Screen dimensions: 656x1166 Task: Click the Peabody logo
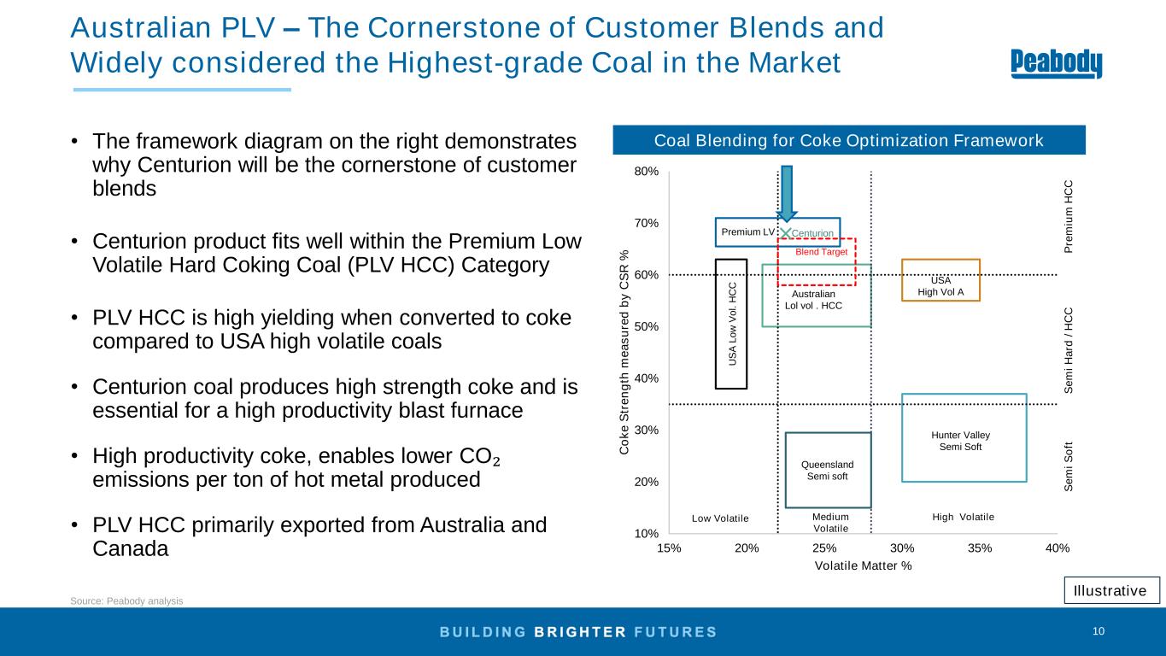[1057, 64]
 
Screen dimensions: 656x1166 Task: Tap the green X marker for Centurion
[787, 232]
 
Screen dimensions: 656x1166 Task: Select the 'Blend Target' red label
[821, 251]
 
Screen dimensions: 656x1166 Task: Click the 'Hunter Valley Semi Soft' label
[960, 441]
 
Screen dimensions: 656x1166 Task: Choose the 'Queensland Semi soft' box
[827, 470]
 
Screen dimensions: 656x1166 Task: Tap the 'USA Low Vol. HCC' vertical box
[731, 324]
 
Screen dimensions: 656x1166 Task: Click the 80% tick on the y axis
[647, 172]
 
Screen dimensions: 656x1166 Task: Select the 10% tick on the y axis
[647, 535]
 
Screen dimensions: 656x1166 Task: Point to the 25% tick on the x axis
[824, 548]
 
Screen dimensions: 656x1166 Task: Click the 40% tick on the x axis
[1058, 548]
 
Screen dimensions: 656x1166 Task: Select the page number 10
[1099, 631]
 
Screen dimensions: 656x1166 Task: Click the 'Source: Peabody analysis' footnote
[126, 601]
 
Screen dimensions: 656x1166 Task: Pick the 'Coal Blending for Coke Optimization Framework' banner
[848, 140]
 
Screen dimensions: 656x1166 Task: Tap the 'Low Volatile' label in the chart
[720, 518]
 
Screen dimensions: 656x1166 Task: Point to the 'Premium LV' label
[747, 232]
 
